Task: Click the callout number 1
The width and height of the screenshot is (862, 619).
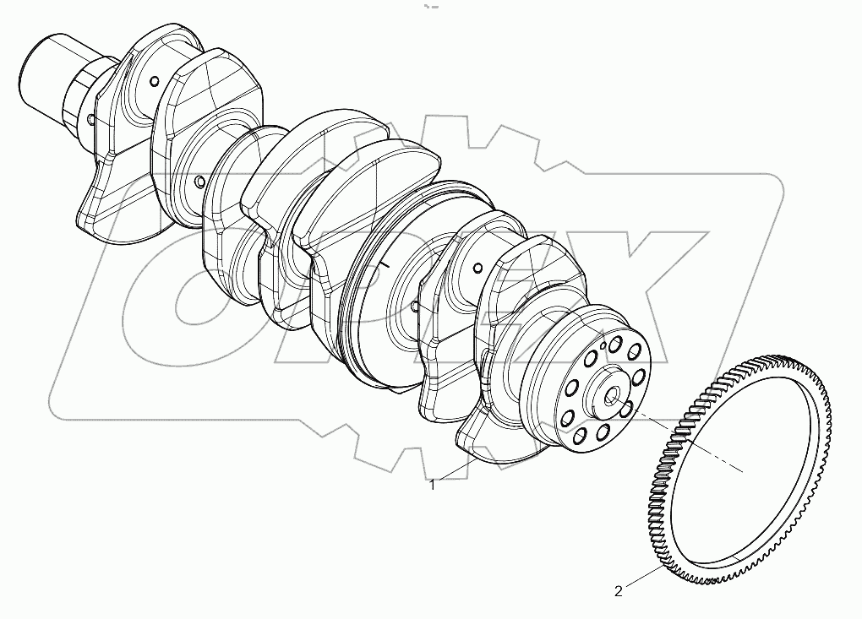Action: click(433, 485)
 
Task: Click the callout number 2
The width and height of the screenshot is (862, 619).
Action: click(619, 591)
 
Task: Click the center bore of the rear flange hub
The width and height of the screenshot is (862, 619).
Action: click(612, 394)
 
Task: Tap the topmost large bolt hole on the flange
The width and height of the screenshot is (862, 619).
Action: click(615, 342)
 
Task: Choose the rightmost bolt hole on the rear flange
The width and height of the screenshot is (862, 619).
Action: click(639, 376)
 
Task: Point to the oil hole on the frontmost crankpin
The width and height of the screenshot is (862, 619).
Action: click(153, 81)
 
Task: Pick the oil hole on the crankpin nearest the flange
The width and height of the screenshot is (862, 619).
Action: click(477, 269)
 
